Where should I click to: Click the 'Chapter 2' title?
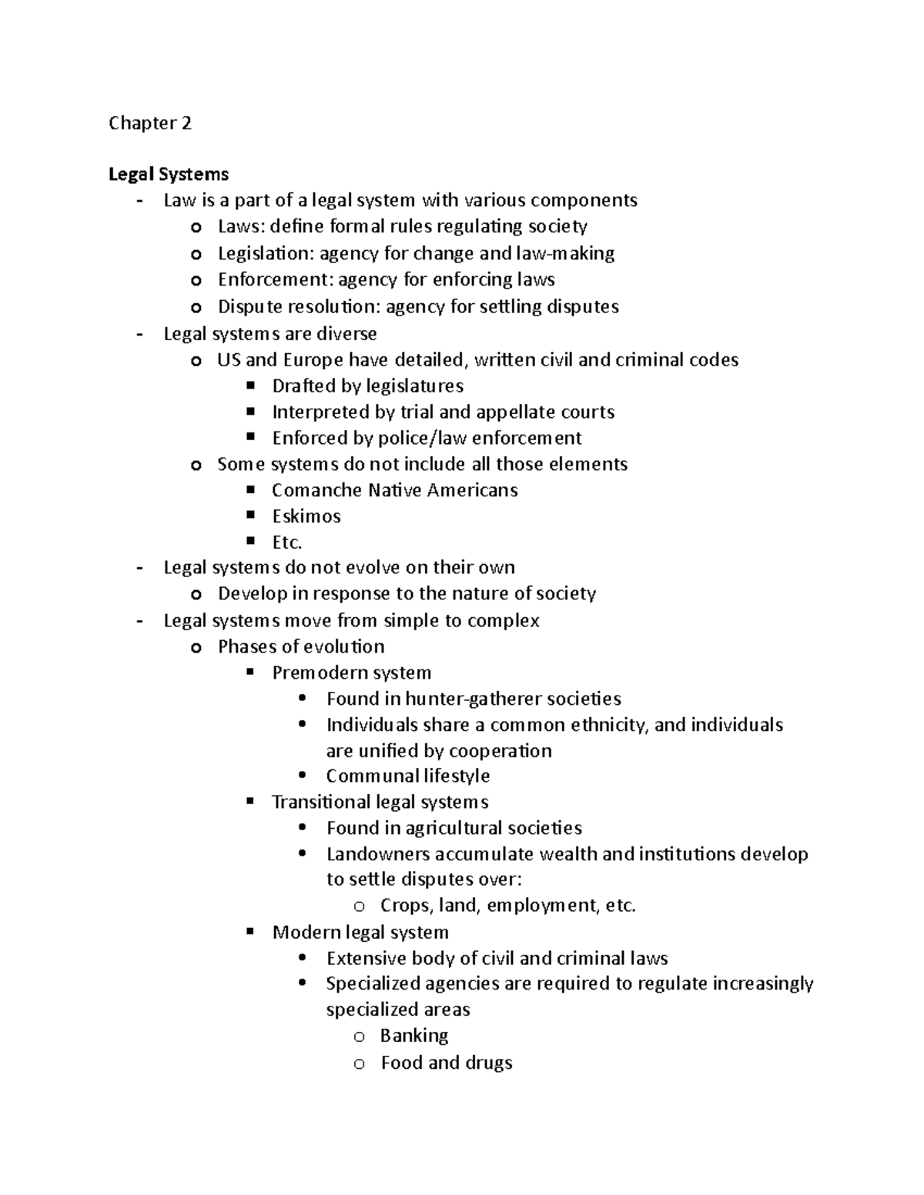150,123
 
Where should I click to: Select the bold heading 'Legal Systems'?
169,175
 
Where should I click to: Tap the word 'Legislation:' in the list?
266,254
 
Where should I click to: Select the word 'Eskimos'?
306,516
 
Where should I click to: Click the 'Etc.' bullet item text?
286,542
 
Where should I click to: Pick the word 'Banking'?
414,1036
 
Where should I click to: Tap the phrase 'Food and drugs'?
447,1063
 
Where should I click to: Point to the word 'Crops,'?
407,906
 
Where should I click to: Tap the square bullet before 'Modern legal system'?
249,932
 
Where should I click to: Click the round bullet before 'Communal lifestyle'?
303,776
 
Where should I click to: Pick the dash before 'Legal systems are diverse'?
139,334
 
